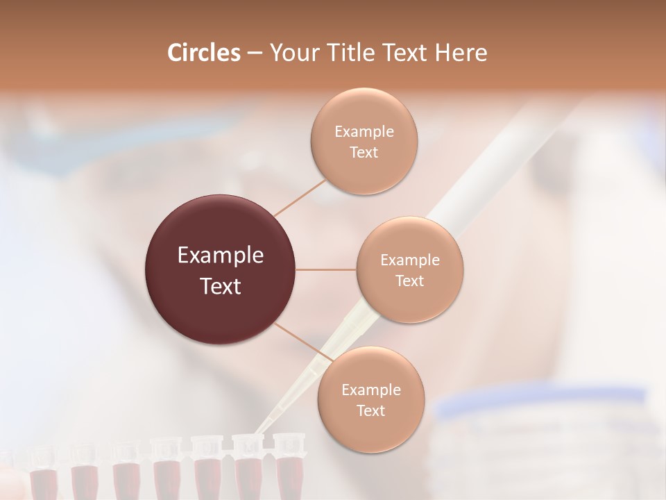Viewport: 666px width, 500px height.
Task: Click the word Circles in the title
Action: click(x=203, y=53)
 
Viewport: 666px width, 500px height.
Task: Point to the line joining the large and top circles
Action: click(x=300, y=197)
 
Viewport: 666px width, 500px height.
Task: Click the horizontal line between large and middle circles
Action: click(x=326, y=269)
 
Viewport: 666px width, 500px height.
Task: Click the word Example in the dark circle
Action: click(x=221, y=256)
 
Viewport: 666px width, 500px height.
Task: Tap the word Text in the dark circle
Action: click(x=221, y=286)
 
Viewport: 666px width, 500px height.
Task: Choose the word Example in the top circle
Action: click(x=364, y=131)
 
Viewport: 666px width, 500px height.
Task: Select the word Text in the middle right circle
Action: click(x=409, y=281)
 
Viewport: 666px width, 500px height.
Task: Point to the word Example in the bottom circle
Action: click(x=370, y=390)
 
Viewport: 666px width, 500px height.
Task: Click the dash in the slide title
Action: click(x=254, y=53)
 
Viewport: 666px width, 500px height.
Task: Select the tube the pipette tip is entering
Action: click(x=248, y=465)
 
